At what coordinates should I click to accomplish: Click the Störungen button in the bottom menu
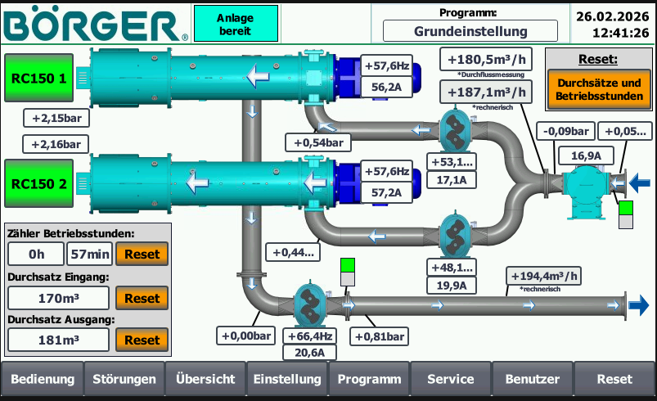click(124, 380)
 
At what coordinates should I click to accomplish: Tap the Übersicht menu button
click(205, 380)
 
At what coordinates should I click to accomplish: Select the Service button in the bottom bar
click(451, 380)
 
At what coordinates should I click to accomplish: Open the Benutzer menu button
click(533, 380)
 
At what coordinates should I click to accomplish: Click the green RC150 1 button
click(39, 79)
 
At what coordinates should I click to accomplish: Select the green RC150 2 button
click(39, 183)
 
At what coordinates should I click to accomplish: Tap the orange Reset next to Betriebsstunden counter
click(142, 255)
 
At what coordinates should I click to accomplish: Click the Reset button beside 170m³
click(142, 299)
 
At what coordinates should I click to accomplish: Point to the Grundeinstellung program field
click(470, 31)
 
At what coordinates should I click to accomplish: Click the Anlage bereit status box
click(235, 25)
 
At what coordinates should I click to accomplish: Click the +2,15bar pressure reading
click(56, 118)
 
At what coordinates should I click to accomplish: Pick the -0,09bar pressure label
click(565, 131)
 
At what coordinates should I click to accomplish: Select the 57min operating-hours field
click(89, 255)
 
